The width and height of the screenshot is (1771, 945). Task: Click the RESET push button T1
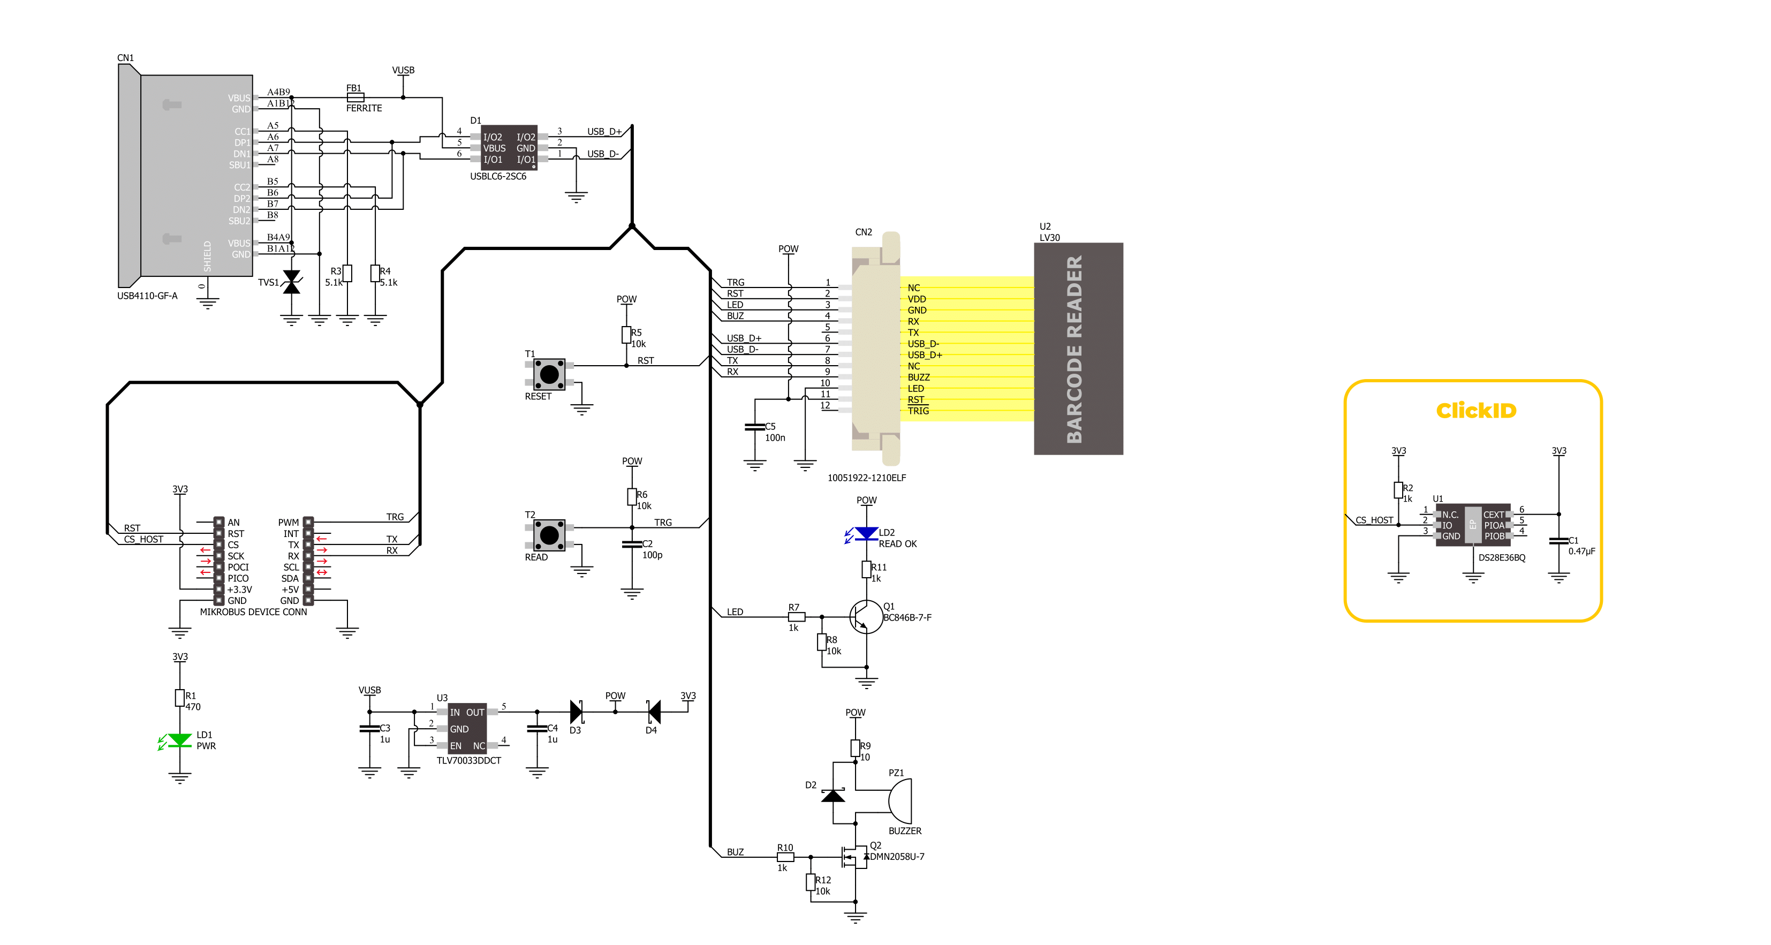coord(549,374)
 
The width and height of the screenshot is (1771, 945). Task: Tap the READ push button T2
coord(549,535)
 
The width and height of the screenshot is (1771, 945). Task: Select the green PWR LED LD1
coord(179,740)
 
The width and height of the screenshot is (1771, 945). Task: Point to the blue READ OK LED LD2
coord(866,533)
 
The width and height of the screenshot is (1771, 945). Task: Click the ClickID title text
coord(1475,411)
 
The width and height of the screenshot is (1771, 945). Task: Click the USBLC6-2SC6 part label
coord(498,177)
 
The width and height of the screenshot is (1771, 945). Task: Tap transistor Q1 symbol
coord(865,617)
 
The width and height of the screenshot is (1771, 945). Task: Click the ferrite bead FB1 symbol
coord(355,97)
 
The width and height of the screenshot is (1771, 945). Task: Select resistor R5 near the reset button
coord(626,335)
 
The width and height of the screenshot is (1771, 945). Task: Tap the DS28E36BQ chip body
coord(1473,525)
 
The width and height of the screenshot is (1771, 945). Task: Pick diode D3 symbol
coord(576,712)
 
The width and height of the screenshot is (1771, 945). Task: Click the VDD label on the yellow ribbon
coord(917,299)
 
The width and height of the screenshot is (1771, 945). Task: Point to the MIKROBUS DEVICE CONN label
coord(253,612)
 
